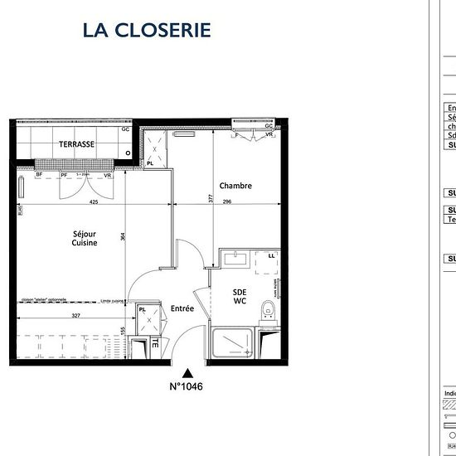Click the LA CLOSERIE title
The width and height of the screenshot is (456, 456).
tap(147, 30)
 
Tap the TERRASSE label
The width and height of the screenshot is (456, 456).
tap(76, 144)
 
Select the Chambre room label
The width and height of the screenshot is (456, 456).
tap(235, 186)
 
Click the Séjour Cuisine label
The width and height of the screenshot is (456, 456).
tap(85, 239)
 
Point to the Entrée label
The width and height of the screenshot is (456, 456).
tap(182, 308)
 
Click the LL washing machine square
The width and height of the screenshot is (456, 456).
tap(272, 256)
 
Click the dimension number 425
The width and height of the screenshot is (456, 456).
tap(94, 201)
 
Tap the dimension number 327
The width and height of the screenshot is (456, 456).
tap(76, 316)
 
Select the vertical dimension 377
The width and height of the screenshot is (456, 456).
tap(210, 198)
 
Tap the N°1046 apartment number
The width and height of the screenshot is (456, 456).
tap(187, 386)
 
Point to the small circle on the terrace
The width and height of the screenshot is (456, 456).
tap(128, 153)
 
